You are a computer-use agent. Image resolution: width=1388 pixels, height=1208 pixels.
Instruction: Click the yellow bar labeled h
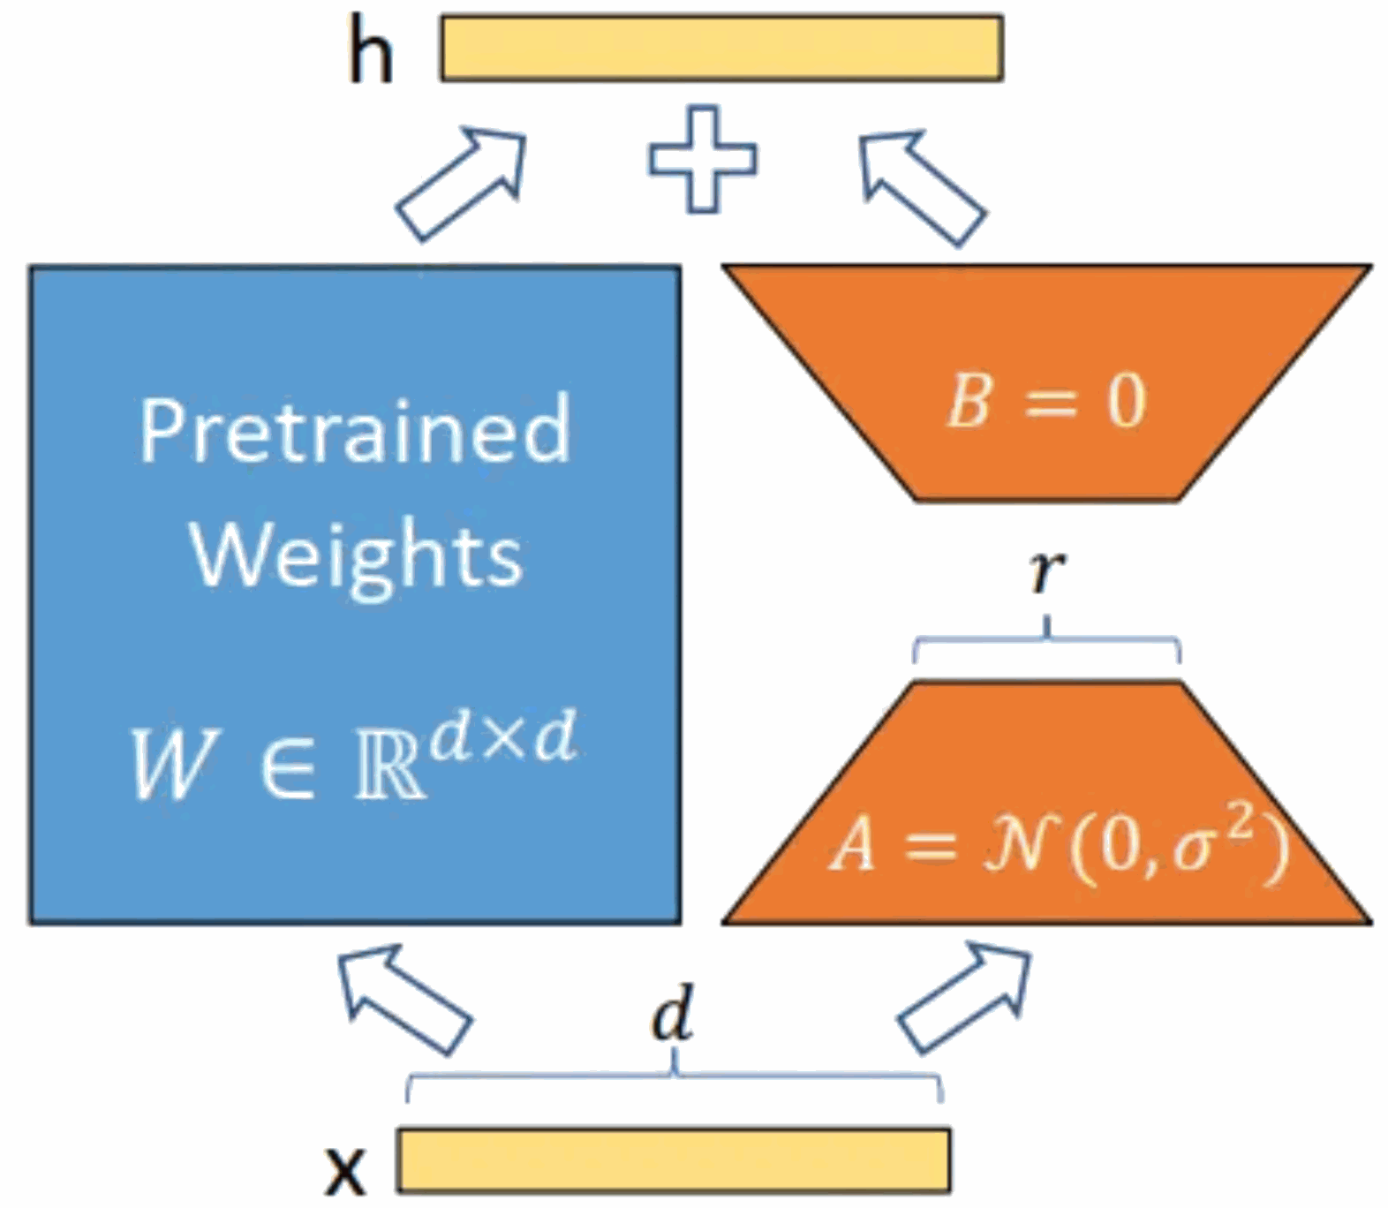click(721, 49)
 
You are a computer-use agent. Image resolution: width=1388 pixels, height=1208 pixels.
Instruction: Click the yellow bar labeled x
click(674, 1159)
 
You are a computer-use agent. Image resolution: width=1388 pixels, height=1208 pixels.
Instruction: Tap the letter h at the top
click(371, 52)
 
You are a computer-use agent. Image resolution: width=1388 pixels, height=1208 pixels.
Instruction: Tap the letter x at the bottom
click(344, 1171)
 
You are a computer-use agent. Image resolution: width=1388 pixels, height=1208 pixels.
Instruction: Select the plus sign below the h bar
click(703, 159)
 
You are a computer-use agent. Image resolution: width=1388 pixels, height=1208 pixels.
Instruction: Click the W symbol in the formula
click(173, 765)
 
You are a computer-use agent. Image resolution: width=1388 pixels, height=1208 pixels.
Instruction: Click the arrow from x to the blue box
click(404, 1000)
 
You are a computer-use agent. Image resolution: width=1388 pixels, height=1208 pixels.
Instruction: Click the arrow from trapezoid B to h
click(922, 188)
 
